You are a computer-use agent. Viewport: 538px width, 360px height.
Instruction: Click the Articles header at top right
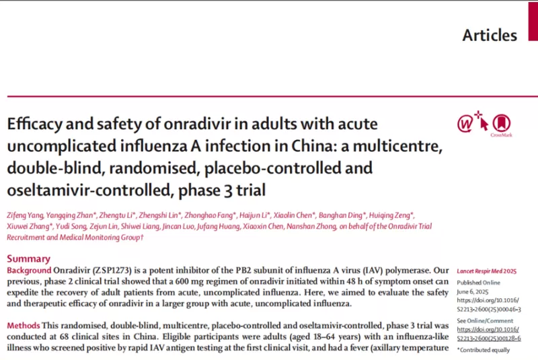[x=490, y=35]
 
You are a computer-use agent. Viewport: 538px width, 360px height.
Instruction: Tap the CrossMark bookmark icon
[x=498, y=123]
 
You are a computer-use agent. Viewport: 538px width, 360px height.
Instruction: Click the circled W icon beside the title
[x=465, y=123]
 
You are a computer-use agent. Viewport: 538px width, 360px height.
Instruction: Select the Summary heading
[x=28, y=258]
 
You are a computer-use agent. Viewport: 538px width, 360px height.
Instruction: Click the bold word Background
[x=33, y=270]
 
